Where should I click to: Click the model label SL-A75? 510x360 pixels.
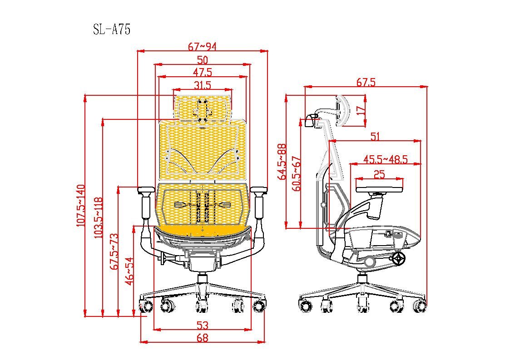point(112,30)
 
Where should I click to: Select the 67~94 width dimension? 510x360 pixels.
point(202,47)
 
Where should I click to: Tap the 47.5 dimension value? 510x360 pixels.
point(202,72)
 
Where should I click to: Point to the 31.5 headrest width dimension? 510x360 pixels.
point(202,85)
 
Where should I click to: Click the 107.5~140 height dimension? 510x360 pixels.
point(81,206)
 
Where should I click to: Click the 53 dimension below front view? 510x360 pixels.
point(203,325)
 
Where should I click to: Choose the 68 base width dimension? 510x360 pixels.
point(203,338)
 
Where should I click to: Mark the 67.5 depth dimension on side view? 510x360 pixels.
point(366,82)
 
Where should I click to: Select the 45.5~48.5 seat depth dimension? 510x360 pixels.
point(386,159)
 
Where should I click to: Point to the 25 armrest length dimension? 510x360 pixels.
point(379,174)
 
